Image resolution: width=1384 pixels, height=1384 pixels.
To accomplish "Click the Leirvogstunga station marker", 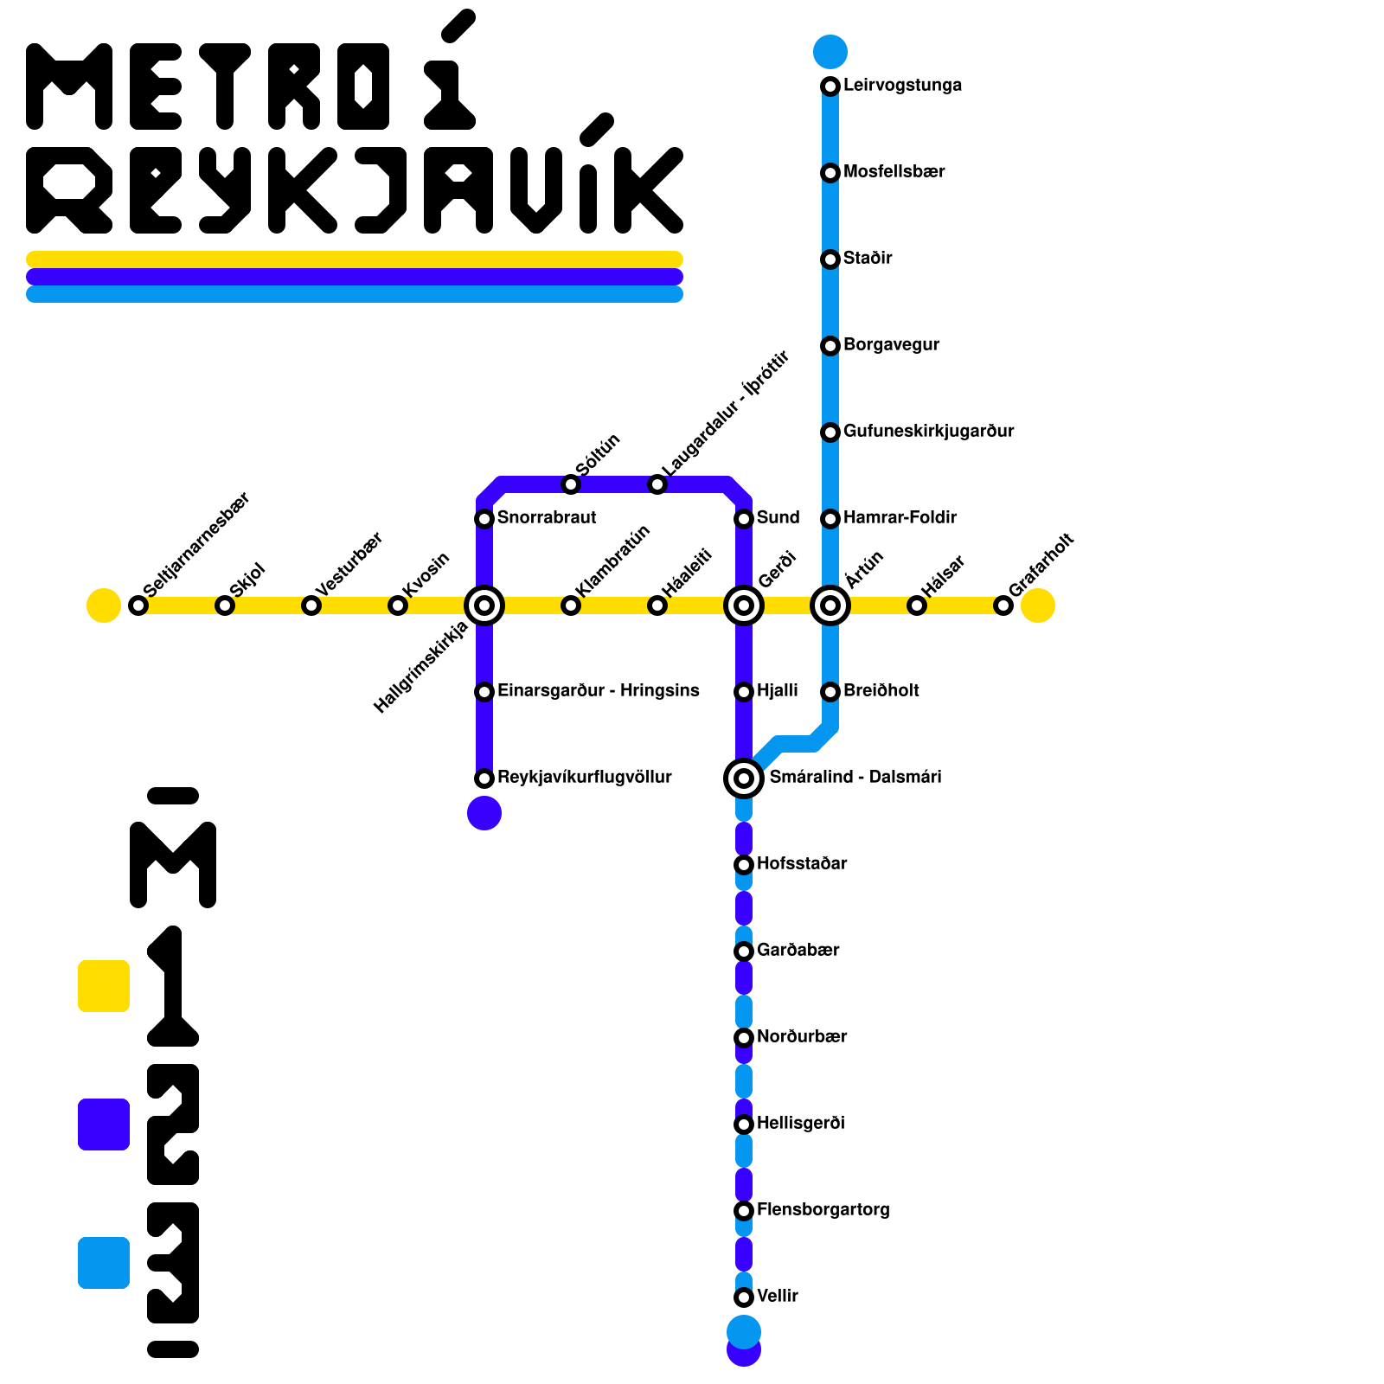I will pyautogui.click(x=830, y=86).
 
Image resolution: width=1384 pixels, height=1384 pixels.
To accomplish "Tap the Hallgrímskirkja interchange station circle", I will pyautogui.click(x=484, y=605).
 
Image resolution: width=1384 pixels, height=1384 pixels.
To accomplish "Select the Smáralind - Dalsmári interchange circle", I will pyautogui.click(x=744, y=778).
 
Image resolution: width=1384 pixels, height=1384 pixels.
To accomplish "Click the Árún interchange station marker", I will pyautogui.click(x=830, y=605).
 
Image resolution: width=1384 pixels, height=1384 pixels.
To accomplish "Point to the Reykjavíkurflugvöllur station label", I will pyautogui.click(x=584, y=777).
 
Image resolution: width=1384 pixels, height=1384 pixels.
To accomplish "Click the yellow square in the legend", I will pyautogui.click(x=104, y=986).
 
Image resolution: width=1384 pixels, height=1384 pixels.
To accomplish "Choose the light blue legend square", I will pyautogui.click(x=104, y=1263).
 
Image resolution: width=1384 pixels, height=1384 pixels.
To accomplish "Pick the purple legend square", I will pyautogui.click(x=104, y=1124).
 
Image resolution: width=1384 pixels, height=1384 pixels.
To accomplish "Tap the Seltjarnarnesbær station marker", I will pyautogui.click(x=138, y=605).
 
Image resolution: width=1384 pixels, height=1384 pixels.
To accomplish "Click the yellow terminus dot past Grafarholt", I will pyautogui.click(x=1038, y=605).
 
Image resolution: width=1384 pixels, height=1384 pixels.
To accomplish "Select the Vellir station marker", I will pyautogui.click(x=744, y=1297).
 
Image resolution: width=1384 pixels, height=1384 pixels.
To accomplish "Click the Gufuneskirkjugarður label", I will pyautogui.click(x=928, y=431).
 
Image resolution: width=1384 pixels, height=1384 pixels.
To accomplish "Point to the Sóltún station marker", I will pyautogui.click(x=571, y=484).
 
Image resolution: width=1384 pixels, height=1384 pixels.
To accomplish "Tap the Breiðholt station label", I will pyautogui.click(x=881, y=690).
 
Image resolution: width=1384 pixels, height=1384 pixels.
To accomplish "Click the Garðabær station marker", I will pyautogui.click(x=744, y=951).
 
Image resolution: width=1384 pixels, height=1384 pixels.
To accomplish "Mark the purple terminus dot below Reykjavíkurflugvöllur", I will pyautogui.click(x=484, y=813).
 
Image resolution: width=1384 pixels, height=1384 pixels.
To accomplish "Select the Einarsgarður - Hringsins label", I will pyautogui.click(x=598, y=690).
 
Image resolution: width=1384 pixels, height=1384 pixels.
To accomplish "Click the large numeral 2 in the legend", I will pyautogui.click(x=173, y=1124).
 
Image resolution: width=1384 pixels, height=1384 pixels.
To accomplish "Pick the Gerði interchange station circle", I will pyautogui.click(x=744, y=605).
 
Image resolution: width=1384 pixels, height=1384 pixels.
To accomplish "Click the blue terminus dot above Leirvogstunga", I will pyautogui.click(x=830, y=52).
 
